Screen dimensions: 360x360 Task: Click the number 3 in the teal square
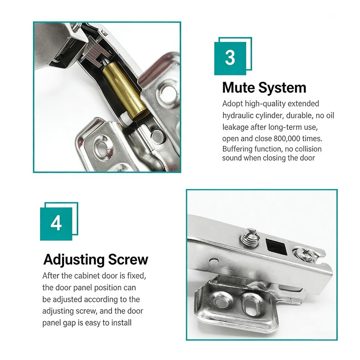[x=230, y=58]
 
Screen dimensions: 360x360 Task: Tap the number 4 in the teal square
[x=56, y=223]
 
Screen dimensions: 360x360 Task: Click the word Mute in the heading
[x=238, y=88]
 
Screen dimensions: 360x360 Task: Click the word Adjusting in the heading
[x=74, y=260]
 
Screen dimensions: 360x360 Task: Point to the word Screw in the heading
[x=128, y=260]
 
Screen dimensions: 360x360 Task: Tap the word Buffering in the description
[x=237, y=149]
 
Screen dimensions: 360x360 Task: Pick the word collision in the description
[x=308, y=149]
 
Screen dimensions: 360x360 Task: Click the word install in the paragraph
[x=121, y=323]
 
